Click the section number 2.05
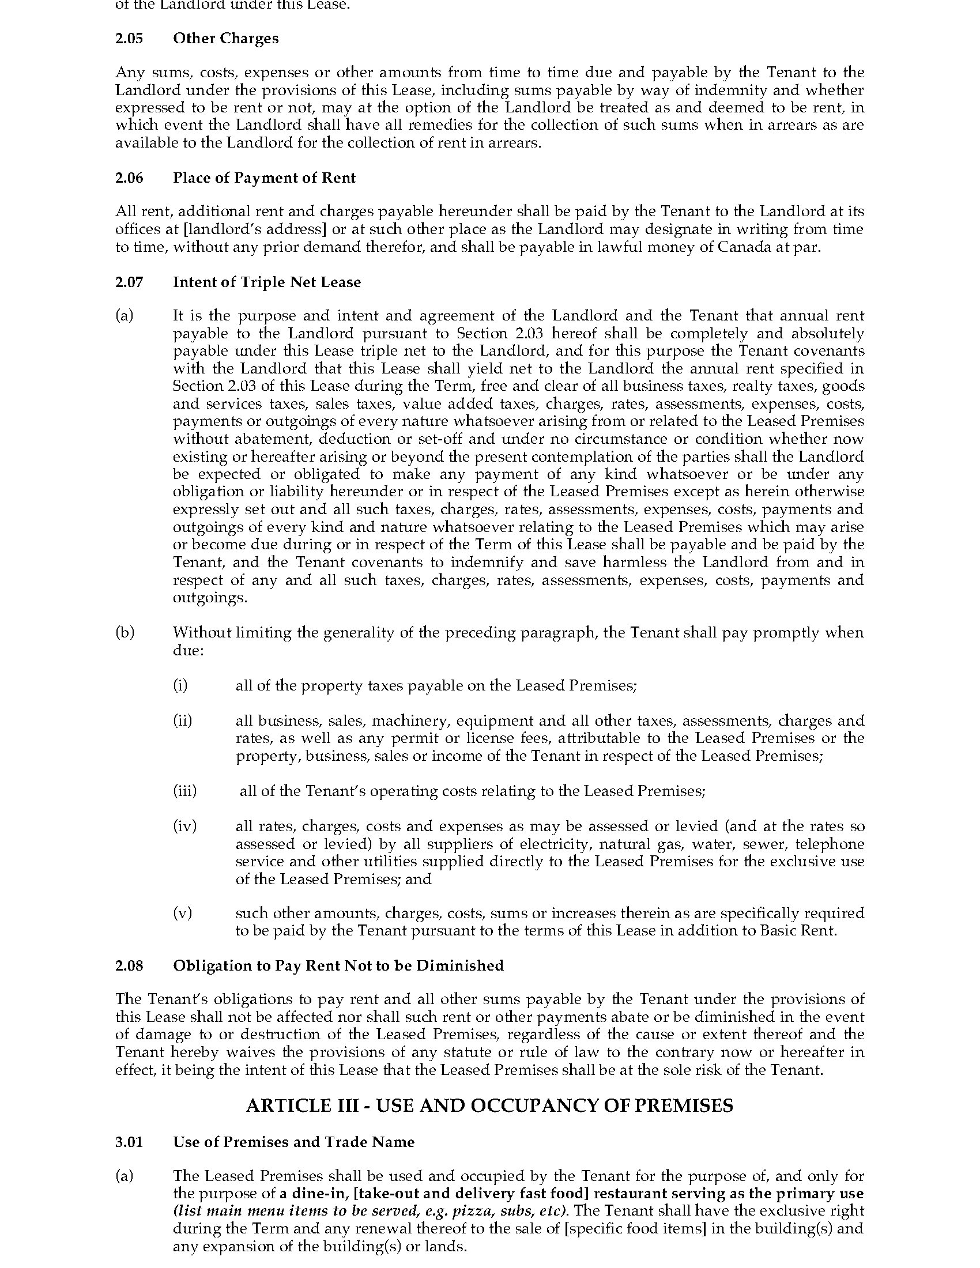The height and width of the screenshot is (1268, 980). tap(129, 38)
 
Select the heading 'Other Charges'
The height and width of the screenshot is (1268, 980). tap(226, 38)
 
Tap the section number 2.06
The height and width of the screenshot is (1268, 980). tap(129, 178)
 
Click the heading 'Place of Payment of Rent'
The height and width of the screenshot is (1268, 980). tap(264, 178)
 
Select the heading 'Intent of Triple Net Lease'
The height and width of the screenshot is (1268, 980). tap(267, 282)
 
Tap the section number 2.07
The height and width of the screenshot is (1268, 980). tap(129, 282)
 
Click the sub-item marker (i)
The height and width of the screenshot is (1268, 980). tap(180, 686)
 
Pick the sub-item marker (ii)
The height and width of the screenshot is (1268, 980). tap(182, 720)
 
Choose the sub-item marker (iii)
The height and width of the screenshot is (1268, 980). tap(184, 791)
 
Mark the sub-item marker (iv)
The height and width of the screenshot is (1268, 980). tap(184, 826)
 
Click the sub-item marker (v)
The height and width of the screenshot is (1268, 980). tap(182, 914)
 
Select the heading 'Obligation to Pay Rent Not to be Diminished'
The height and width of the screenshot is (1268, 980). tap(338, 965)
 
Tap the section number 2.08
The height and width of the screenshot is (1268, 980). tap(129, 965)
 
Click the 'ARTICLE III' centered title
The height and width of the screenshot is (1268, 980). tap(489, 1105)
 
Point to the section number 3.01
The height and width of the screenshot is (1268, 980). tap(129, 1142)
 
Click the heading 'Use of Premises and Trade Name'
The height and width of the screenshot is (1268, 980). tap(294, 1142)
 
